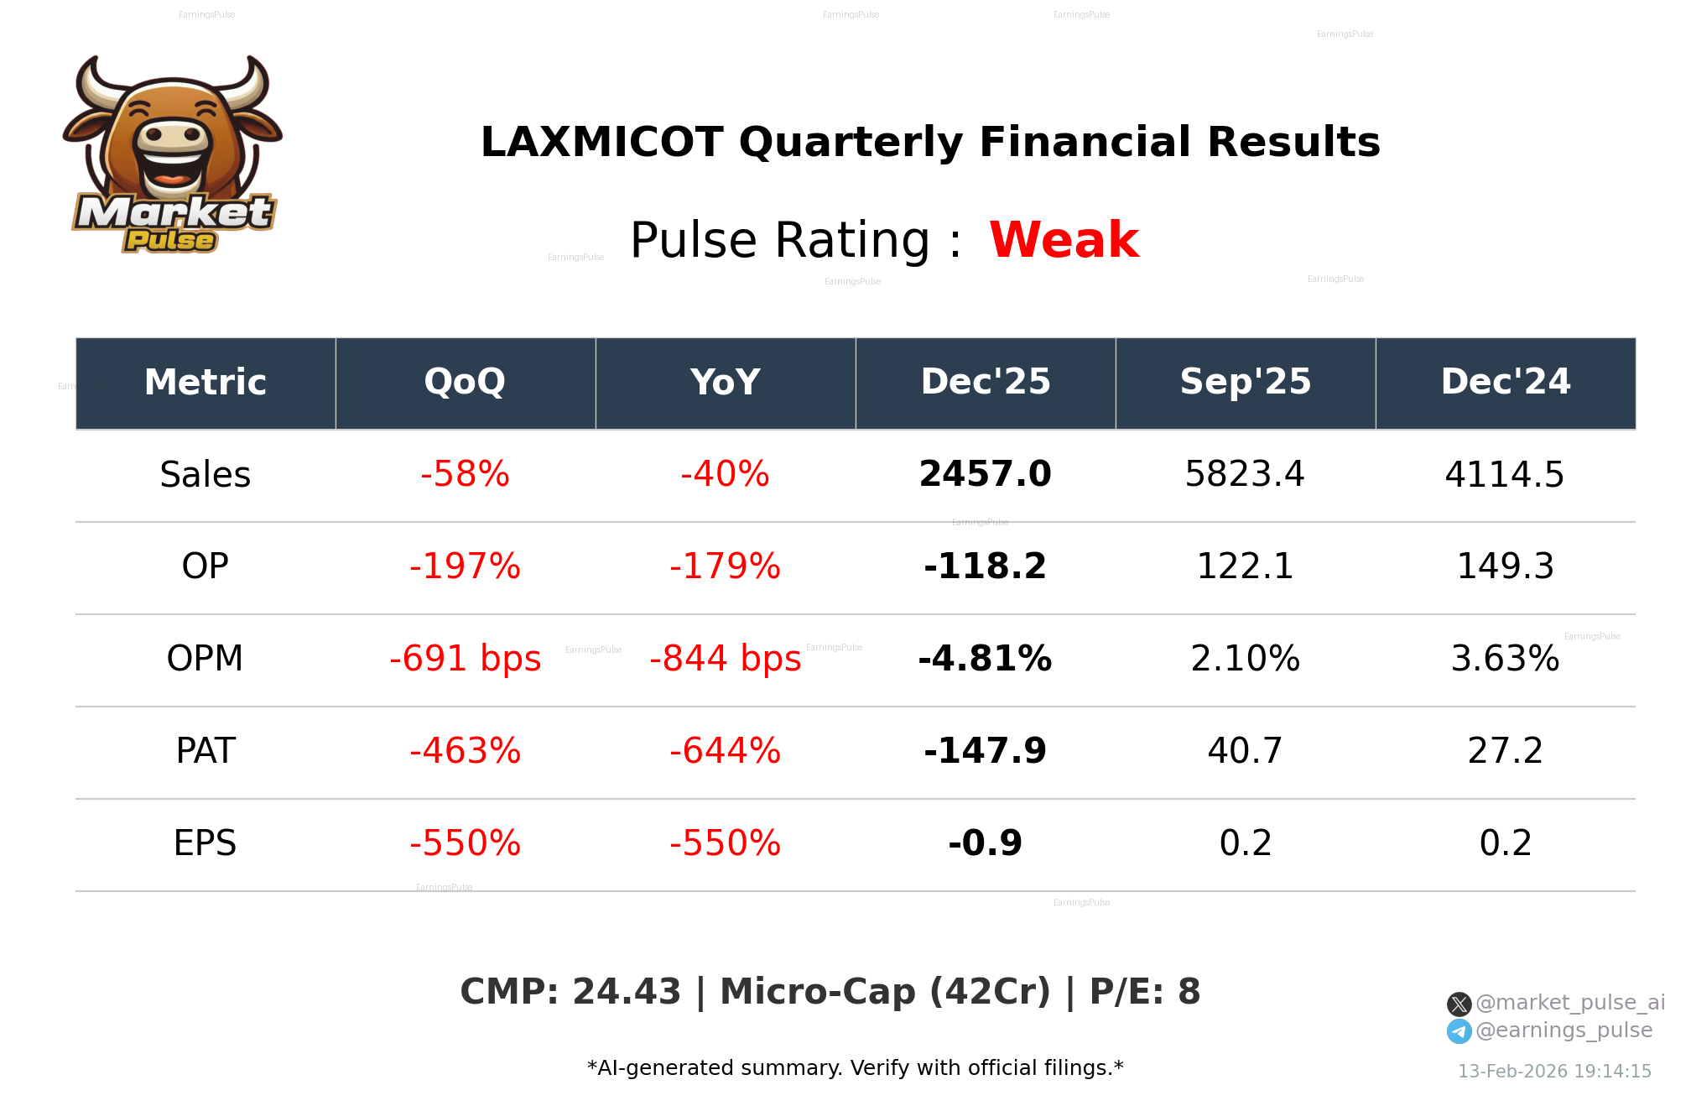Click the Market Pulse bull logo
172,155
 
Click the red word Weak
1064,240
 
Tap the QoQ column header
465,383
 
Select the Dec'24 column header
1505,383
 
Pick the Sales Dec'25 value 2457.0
985,475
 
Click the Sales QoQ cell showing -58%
465,475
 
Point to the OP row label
205,567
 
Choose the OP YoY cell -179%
725,567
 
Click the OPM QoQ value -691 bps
465,660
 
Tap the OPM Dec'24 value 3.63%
1505,660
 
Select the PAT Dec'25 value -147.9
985,752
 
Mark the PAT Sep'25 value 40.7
1245,752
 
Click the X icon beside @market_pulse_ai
1459,1004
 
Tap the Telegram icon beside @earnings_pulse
1459,1031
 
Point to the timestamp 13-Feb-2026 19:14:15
1554,1072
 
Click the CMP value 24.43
626,993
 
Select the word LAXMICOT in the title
601,143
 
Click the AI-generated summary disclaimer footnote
855,1068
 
